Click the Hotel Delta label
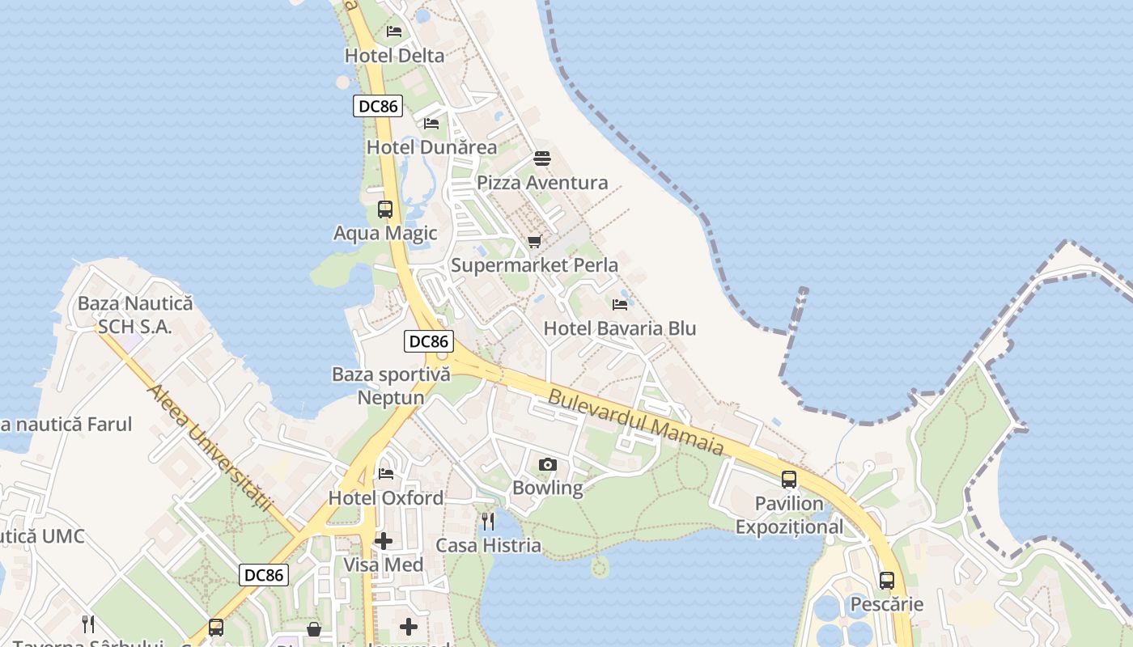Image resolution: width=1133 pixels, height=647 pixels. tap(394, 56)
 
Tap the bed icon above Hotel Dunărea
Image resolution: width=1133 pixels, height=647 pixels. tap(431, 124)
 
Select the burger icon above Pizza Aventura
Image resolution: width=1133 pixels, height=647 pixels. tap(542, 158)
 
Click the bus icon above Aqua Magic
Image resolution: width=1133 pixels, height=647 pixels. tap(385, 209)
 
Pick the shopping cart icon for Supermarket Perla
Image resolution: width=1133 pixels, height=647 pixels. tap(534, 241)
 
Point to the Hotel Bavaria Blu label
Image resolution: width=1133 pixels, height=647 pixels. tap(619, 328)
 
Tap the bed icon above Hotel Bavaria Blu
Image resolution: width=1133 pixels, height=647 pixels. tap(620, 305)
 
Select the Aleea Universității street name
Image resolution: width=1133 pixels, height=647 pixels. tap(209, 446)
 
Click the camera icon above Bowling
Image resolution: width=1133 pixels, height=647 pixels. tap(548, 464)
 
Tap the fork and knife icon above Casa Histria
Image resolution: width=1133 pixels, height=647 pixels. tap(488, 522)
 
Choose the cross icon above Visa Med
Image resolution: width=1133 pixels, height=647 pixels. tap(384, 540)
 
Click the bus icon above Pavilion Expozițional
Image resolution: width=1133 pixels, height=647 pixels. tap(789, 479)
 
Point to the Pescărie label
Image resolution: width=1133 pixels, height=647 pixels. tap(886, 604)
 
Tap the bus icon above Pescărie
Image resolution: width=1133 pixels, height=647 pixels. tap(887, 581)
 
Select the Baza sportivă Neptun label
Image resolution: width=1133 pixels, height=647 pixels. tap(391, 386)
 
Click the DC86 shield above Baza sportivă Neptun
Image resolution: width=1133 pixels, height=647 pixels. tap(429, 341)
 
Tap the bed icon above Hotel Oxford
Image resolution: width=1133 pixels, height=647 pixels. tap(387, 474)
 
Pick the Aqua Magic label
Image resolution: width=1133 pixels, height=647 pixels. tap(385, 234)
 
